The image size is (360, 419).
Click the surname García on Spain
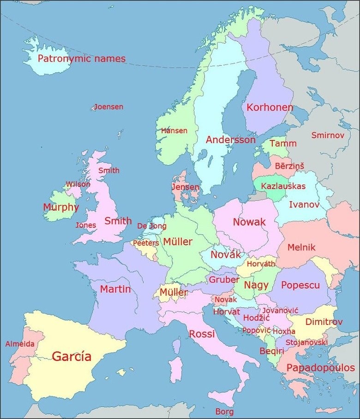[72, 356]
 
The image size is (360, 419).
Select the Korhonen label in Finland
[270, 108]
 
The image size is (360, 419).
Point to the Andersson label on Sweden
[230, 139]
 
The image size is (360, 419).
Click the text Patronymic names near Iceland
[81, 59]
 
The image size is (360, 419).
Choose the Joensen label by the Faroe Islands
[109, 107]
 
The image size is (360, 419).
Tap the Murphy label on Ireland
[61, 207]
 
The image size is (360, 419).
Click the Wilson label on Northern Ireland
[78, 184]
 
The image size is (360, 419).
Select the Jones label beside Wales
[86, 225]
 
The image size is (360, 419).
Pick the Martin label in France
[115, 289]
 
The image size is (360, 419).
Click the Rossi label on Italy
[202, 334]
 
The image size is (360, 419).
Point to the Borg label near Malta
[224, 411]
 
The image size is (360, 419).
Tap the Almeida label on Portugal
[20, 344]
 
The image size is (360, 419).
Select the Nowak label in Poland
[249, 222]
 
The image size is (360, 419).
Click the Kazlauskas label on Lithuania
[283, 186]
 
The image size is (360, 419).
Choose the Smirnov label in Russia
[328, 135]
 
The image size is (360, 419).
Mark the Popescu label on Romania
[300, 285]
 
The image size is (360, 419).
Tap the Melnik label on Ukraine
[301, 247]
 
